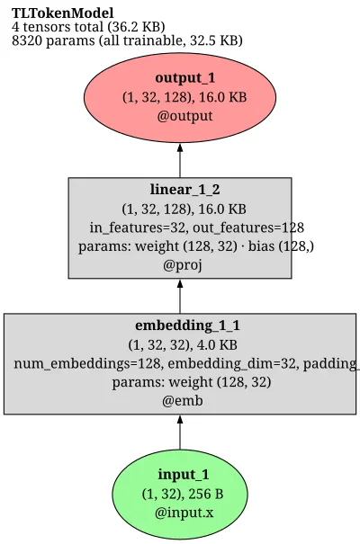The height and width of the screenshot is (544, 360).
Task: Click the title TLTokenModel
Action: tap(62, 13)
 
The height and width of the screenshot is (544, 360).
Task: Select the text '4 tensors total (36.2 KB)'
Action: tap(88, 27)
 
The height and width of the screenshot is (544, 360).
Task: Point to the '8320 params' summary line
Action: tap(127, 40)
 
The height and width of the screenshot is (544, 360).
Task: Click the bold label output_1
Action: tap(185, 77)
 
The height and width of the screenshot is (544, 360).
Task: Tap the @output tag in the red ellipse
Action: tap(184, 115)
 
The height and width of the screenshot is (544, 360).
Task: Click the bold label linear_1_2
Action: tap(185, 190)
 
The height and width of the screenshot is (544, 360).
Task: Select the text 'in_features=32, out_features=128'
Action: tap(197, 227)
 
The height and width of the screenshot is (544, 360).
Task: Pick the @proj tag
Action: tap(183, 265)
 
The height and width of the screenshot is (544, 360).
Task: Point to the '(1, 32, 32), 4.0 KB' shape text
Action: tap(183, 345)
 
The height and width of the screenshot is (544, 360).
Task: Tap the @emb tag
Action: tap(183, 401)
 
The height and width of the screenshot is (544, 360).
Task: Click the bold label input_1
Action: tap(184, 474)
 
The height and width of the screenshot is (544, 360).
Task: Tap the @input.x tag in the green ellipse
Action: tap(184, 513)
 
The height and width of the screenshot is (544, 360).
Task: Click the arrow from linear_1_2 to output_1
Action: tap(180, 160)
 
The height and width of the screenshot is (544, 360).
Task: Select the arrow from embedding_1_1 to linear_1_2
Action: tap(180, 297)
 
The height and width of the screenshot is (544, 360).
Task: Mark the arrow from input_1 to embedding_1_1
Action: tap(180, 433)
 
